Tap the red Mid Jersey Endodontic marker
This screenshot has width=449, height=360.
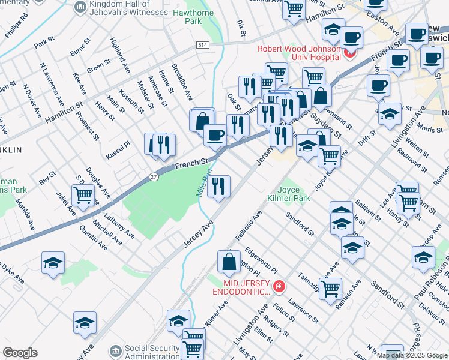[x=279, y=287]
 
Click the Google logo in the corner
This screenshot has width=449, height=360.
[x=20, y=353]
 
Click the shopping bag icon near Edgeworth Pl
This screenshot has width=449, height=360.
[x=229, y=262]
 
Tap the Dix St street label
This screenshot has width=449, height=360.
[x=241, y=25]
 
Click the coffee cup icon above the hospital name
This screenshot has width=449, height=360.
[x=352, y=38]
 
